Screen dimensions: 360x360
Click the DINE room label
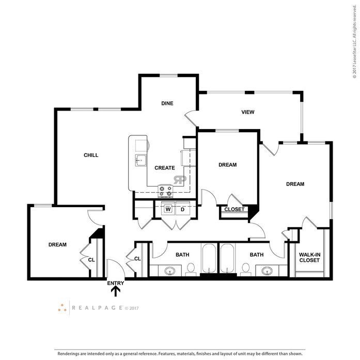coord(167,103)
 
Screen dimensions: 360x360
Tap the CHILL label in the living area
coord(91,155)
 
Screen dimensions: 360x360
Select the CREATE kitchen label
coord(165,168)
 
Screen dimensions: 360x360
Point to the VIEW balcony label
coord(248,112)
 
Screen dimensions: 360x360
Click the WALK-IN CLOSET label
coord(309,257)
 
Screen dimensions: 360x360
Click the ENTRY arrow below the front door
coord(116,292)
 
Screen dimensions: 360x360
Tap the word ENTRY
coord(116,283)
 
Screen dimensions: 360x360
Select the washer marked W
coord(168,209)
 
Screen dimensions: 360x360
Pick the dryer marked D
coord(183,209)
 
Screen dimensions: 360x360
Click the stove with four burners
coord(165,191)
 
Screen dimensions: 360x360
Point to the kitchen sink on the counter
coord(140,160)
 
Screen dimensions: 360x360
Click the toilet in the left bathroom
coord(191,270)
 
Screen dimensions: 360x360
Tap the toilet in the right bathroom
coord(246,270)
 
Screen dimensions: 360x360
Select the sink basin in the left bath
coord(170,271)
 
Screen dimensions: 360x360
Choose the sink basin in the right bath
coord(267,271)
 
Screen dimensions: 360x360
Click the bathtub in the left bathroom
coord(209,258)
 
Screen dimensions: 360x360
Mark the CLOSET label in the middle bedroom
coord(234,209)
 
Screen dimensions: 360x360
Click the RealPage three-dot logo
coord(62,308)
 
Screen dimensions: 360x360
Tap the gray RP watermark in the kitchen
coord(180,180)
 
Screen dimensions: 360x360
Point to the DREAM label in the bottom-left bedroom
coord(57,245)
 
